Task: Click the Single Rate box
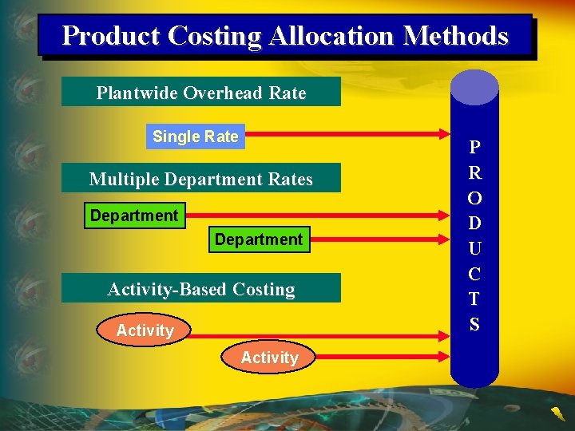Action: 196,136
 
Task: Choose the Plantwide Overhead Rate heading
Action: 201,93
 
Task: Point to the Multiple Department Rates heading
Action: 201,179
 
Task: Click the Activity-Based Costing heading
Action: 201,289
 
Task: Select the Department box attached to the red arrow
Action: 134,215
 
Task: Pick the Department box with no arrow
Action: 258,239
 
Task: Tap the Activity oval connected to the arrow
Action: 145,330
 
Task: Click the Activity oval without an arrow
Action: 269,358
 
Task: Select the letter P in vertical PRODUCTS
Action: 474,147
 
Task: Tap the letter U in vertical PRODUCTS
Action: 474,247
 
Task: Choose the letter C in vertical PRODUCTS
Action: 474,274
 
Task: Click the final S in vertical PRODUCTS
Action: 474,324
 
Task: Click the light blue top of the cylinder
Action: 474,86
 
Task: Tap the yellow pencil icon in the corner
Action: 557,413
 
